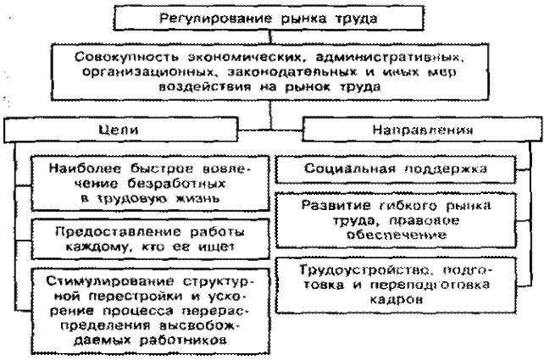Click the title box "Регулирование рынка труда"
(269, 18)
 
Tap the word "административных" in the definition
(390, 57)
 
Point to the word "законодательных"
(291, 72)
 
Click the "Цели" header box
(120, 130)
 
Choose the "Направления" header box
(422, 130)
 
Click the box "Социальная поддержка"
(396, 169)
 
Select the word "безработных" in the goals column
(176, 183)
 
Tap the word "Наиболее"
(85, 169)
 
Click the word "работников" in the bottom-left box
(183, 340)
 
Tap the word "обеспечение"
(397, 235)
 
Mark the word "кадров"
(397, 299)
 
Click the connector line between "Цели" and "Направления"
(270, 130)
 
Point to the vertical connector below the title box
(270, 37)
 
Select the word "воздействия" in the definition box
(205, 86)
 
